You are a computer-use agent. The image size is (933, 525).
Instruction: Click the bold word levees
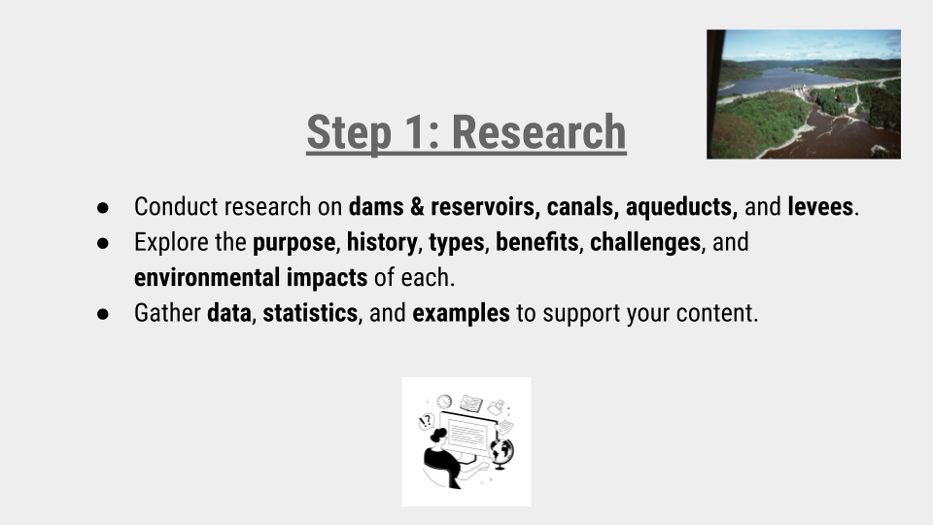point(820,207)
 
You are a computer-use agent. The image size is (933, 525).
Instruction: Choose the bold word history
point(381,242)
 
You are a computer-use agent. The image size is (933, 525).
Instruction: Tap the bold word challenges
point(645,242)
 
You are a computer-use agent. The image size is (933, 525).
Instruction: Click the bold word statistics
point(310,314)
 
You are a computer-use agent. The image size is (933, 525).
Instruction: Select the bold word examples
point(461,314)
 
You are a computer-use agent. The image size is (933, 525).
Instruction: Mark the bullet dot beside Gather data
point(103,315)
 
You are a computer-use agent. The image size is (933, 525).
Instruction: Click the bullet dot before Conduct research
point(103,208)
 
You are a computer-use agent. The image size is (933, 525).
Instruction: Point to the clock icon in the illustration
point(444,402)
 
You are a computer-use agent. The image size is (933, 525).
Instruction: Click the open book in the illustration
point(471,401)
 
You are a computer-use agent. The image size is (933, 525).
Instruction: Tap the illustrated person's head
point(438,435)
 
